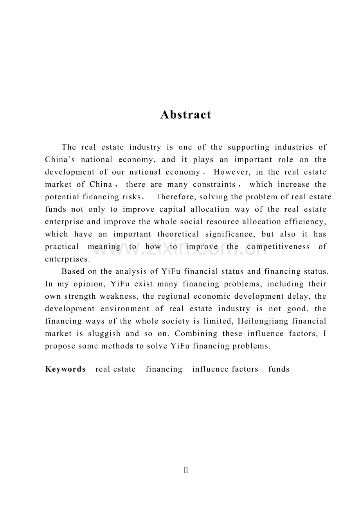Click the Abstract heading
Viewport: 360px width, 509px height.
click(186, 115)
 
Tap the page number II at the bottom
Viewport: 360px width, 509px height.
click(186, 471)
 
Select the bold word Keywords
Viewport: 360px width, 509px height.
click(65, 369)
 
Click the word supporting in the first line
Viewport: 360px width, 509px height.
click(248, 148)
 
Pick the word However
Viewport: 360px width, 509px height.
click(231, 172)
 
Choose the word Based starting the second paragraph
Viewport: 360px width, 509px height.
click(73, 272)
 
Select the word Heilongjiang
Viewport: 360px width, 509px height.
click(261, 321)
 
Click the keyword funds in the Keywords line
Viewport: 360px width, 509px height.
click(279, 369)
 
